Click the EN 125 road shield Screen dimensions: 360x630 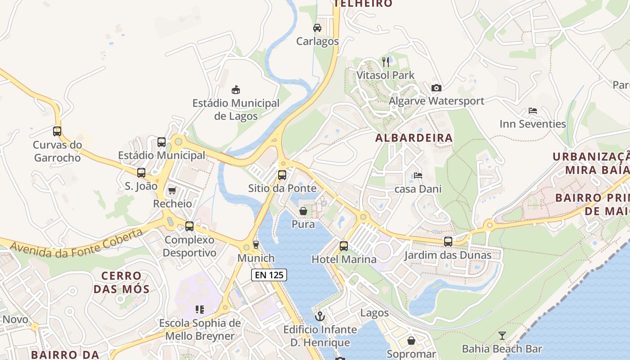269,274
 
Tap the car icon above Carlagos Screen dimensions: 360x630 317,28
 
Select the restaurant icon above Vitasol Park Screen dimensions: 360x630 386,62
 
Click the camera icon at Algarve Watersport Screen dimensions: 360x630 436,88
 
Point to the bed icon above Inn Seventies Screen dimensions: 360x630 533,111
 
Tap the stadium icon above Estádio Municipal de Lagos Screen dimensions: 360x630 235,90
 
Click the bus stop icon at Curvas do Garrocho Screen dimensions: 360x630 57,131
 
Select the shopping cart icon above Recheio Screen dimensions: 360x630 172,191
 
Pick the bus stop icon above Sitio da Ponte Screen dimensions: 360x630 282,175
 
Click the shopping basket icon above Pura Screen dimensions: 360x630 303,211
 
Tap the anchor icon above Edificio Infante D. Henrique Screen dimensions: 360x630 320,316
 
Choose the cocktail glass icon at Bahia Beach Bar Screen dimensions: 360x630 502,336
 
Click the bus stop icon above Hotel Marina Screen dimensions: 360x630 344,246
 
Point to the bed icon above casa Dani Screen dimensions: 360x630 418,175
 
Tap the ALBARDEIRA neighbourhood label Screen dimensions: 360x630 414,138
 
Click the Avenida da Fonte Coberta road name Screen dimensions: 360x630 76,243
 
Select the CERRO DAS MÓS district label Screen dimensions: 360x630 121,282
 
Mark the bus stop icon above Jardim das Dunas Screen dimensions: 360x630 448,242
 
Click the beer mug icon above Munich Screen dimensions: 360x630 256,245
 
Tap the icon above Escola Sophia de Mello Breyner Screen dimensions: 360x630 200,310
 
